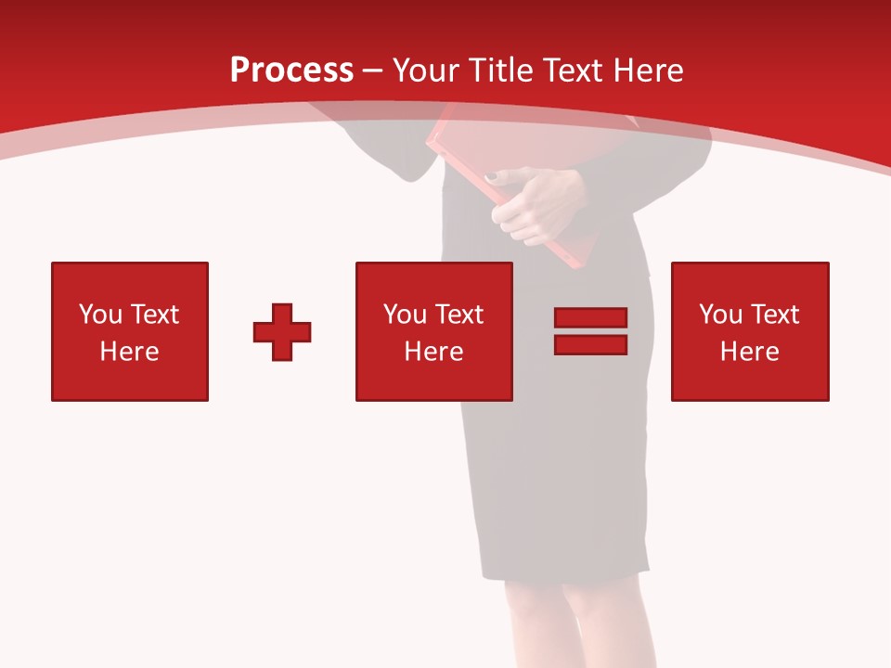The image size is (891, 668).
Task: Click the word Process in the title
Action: pyautogui.click(x=291, y=71)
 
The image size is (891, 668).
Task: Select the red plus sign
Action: pyautogui.click(x=282, y=331)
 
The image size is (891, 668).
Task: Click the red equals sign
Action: pyautogui.click(x=590, y=331)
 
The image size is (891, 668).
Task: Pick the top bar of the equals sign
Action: pyautogui.click(x=590, y=318)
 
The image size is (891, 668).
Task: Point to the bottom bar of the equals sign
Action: pyautogui.click(x=590, y=344)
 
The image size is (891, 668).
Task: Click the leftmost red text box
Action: pyautogui.click(x=130, y=331)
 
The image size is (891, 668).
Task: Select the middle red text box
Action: pyautogui.click(x=433, y=331)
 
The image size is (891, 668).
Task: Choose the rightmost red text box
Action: pyautogui.click(x=750, y=331)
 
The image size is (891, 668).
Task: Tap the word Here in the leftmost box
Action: pyautogui.click(x=130, y=352)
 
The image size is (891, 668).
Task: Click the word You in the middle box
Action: pyautogui.click(x=405, y=315)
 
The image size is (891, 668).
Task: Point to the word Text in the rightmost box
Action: pyautogui.click(x=776, y=315)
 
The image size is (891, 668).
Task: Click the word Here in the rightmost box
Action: pyautogui.click(x=750, y=352)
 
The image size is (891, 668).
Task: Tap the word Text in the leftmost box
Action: pyautogui.click(x=154, y=315)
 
